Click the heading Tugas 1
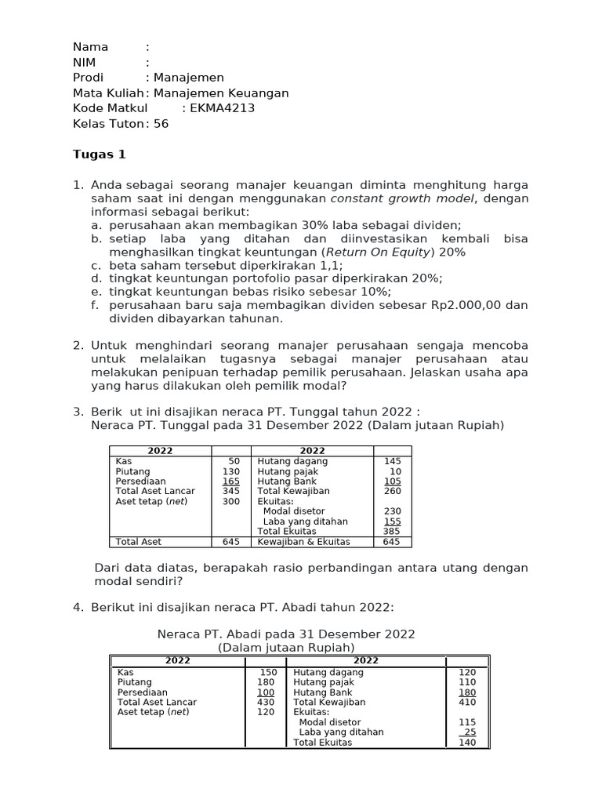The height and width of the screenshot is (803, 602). tap(99, 154)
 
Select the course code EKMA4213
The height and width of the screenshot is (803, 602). tap(223, 108)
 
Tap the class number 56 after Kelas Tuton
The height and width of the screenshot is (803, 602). tap(161, 124)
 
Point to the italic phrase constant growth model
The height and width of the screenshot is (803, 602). tap(402, 199)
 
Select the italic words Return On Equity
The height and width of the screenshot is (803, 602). tap(378, 252)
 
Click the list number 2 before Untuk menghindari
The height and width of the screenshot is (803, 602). tap(78, 345)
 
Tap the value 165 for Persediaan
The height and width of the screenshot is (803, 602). tap(230, 481)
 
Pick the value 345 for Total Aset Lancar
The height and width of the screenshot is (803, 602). tap(230, 491)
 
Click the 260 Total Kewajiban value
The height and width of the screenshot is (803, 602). tap(392, 491)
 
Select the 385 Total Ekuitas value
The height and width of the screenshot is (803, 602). tap(392, 532)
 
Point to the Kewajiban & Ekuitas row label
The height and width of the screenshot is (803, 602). tap(303, 542)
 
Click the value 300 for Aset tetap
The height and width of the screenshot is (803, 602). tap(230, 501)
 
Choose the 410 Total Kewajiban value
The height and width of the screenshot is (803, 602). tap(467, 703)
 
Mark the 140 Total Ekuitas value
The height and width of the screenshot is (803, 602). tap(467, 743)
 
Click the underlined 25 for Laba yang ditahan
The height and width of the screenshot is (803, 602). tap(470, 732)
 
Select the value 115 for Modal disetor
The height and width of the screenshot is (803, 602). tap(467, 722)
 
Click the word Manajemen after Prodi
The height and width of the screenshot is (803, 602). tap(189, 78)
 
